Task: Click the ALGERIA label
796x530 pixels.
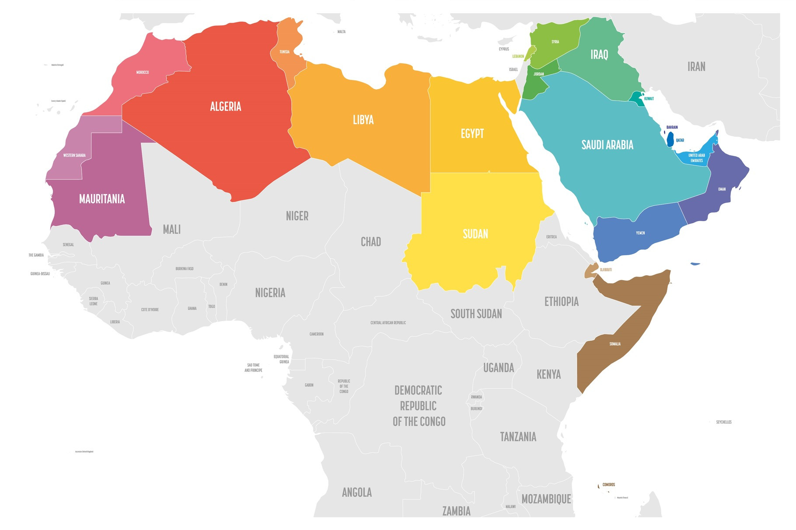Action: [x=225, y=106]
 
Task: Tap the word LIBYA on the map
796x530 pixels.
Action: [x=363, y=120]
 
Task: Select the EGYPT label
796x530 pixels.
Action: [x=472, y=133]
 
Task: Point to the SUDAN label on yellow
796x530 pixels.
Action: [x=475, y=234]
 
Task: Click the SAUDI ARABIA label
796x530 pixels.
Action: [x=607, y=145]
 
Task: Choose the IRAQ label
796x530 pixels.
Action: [x=599, y=55]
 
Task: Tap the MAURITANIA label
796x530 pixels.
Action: [x=102, y=199]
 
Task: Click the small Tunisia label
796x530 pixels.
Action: [x=284, y=52]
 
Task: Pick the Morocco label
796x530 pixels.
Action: [x=142, y=72]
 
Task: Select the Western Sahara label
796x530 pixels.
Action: [x=74, y=155]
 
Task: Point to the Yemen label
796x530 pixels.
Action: [x=640, y=233]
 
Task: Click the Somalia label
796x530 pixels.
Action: [x=615, y=344]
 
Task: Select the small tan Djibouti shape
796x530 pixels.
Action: [x=591, y=270]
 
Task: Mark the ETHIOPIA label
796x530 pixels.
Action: [x=561, y=301]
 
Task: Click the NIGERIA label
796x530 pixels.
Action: [x=270, y=293]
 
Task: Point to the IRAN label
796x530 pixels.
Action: [x=696, y=66]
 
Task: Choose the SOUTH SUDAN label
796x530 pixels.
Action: [x=476, y=314]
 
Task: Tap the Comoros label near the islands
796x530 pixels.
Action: [x=608, y=485]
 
